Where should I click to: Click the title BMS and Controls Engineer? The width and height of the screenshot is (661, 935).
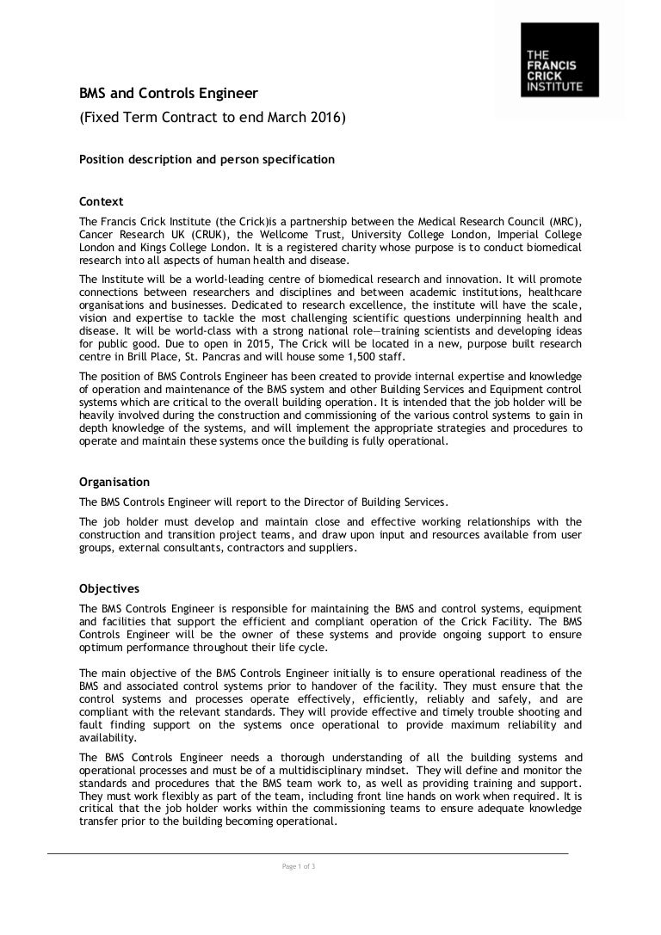coord(168,92)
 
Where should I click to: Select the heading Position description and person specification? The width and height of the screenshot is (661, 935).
coord(207,159)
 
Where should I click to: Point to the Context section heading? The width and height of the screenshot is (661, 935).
coord(101,202)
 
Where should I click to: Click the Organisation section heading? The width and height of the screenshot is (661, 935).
coord(114,482)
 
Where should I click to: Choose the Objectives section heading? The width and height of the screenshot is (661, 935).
coord(108,589)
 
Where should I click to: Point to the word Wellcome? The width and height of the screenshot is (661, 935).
coord(303,234)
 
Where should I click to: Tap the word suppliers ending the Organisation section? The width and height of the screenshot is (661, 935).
coord(331,547)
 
